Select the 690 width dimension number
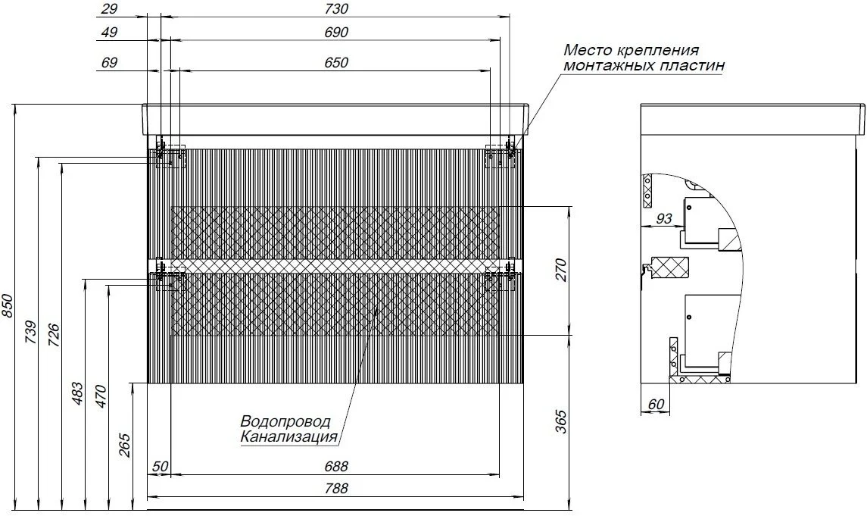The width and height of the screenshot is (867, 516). click(x=336, y=33)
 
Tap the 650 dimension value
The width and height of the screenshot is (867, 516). click(x=336, y=63)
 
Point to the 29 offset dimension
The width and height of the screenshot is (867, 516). click(x=109, y=9)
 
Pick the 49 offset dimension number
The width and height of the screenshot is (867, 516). click(x=109, y=33)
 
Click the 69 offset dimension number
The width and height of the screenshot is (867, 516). click(x=109, y=63)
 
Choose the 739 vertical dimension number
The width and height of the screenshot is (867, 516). click(x=31, y=333)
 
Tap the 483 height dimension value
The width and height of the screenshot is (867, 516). click(x=78, y=393)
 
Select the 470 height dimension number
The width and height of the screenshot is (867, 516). click(x=101, y=397)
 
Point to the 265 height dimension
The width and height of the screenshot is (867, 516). click(x=125, y=446)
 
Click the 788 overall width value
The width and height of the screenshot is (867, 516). click(x=336, y=488)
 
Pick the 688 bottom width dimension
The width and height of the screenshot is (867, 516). click(x=336, y=467)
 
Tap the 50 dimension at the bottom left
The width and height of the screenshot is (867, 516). click(x=160, y=467)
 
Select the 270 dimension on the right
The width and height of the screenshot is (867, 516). click(x=561, y=270)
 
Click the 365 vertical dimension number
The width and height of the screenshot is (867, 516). click(x=561, y=421)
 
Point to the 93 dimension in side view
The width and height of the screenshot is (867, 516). click(x=663, y=218)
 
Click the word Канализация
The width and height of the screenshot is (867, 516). click(x=288, y=436)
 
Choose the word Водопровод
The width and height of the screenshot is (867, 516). click(x=285, y=421)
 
